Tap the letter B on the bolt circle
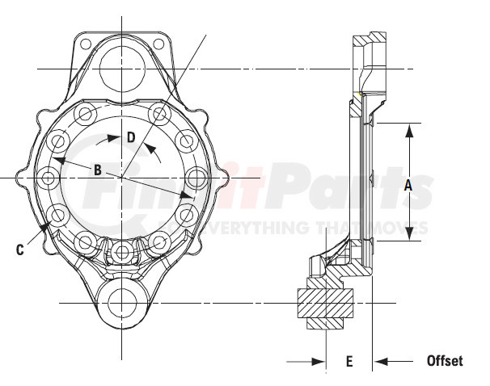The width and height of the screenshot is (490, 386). point(97,170)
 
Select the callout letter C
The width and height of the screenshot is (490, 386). point(19,250)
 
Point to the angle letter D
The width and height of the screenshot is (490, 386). point(131,136)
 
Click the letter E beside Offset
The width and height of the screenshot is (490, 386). point(349,362)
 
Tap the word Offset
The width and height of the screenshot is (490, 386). point(445,361)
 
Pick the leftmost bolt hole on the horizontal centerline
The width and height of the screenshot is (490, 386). point(47,177)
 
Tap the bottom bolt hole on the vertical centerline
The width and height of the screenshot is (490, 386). point(121,252)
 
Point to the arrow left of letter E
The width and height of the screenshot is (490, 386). point(318,361)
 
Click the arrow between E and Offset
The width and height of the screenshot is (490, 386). point(381,361)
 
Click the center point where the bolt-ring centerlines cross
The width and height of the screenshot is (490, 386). point(121,177)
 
